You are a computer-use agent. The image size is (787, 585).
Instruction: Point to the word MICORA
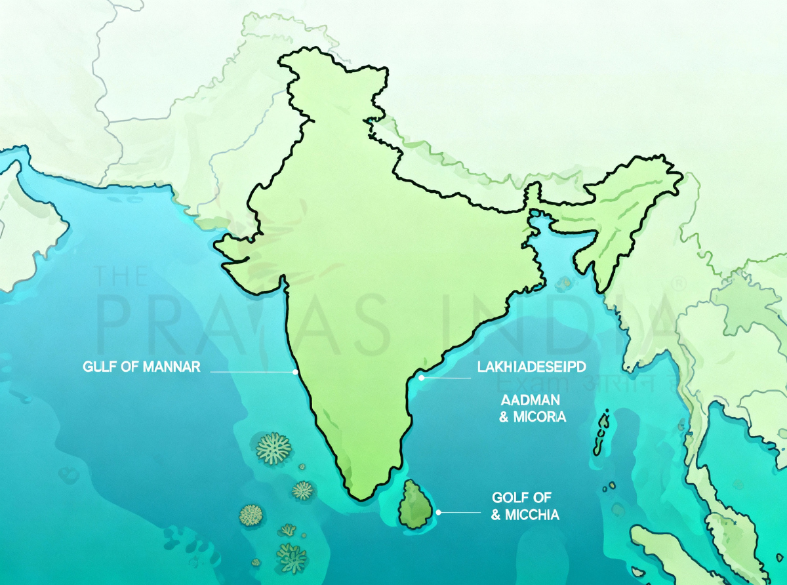coord(541,417)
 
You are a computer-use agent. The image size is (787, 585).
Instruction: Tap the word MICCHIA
coord(532,515)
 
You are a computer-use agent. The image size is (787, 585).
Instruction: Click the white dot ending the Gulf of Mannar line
coord(296,372)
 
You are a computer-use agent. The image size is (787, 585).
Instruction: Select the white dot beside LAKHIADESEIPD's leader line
coord(422,378)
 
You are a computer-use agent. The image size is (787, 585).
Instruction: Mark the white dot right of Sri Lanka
coord(439,512)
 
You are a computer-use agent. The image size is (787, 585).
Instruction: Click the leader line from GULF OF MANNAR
coord(252,372)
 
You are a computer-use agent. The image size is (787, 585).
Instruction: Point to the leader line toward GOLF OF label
coord(462,512)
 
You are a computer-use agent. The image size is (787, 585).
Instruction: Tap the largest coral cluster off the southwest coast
coord(273,447)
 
